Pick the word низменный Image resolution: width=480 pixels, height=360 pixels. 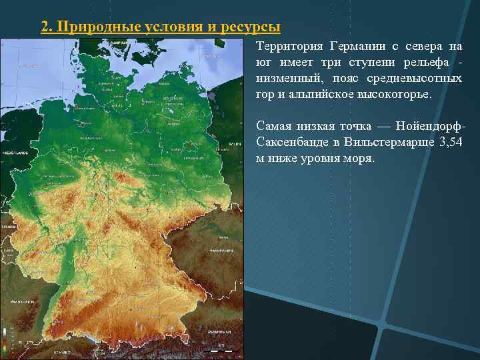pos(287,79)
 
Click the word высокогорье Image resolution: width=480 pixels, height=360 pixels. pos(397,95)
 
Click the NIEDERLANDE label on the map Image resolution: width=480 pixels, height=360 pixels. pos(15,152)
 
